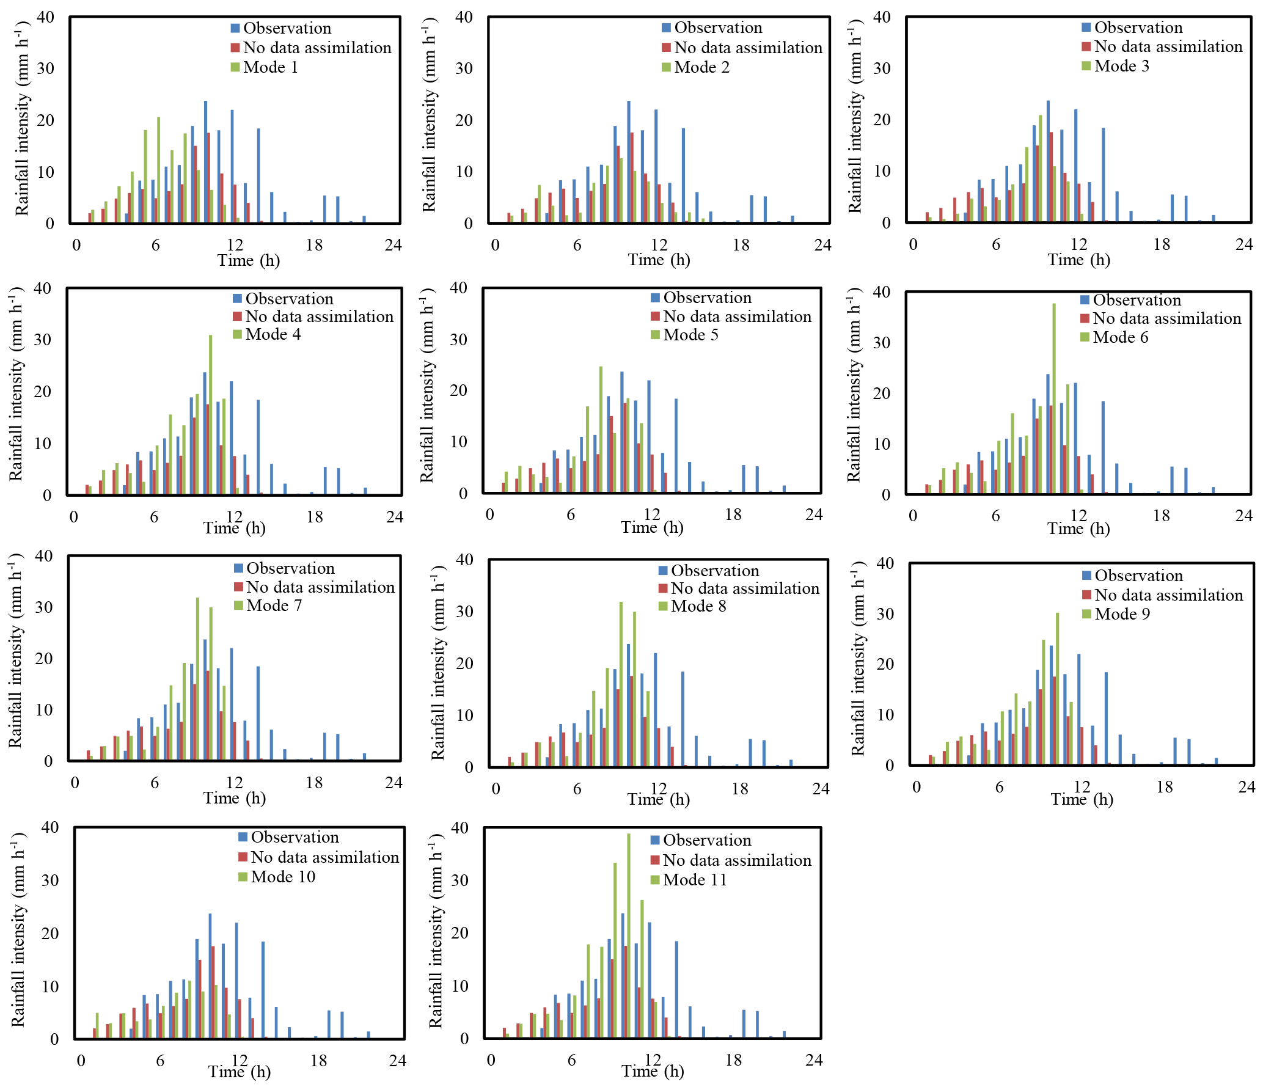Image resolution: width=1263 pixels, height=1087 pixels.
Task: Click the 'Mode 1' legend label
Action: click(x=271, y=67)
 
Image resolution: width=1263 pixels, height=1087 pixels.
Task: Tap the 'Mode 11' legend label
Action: click(x=695, y=880)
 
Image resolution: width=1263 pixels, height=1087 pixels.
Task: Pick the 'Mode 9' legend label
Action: click(x=1122, y=614)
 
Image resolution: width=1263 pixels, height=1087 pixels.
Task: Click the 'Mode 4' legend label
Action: click(x=273, y=334)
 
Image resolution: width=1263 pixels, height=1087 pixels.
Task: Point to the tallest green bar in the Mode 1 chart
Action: click(x=159, y=169)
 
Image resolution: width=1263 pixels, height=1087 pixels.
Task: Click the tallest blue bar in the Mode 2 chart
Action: click(x=629, y=161)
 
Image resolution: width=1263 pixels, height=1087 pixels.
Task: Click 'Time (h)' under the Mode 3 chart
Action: click(x=1078, y=260)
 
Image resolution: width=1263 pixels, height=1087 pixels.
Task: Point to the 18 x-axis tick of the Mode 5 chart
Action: click(x=733, y=514)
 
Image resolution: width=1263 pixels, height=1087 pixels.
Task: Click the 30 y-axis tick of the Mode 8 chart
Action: click(x=465, y=611)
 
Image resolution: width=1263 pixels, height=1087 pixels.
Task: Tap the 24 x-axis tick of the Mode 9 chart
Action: click(x=1247, y=786)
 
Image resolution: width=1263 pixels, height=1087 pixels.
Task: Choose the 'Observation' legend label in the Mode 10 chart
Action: click(x=295, y=837)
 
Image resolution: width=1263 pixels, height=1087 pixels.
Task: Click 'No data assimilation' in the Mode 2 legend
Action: click(x=748, y=48)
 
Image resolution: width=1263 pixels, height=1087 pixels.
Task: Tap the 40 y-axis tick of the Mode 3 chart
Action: click(x=882, y=17)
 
